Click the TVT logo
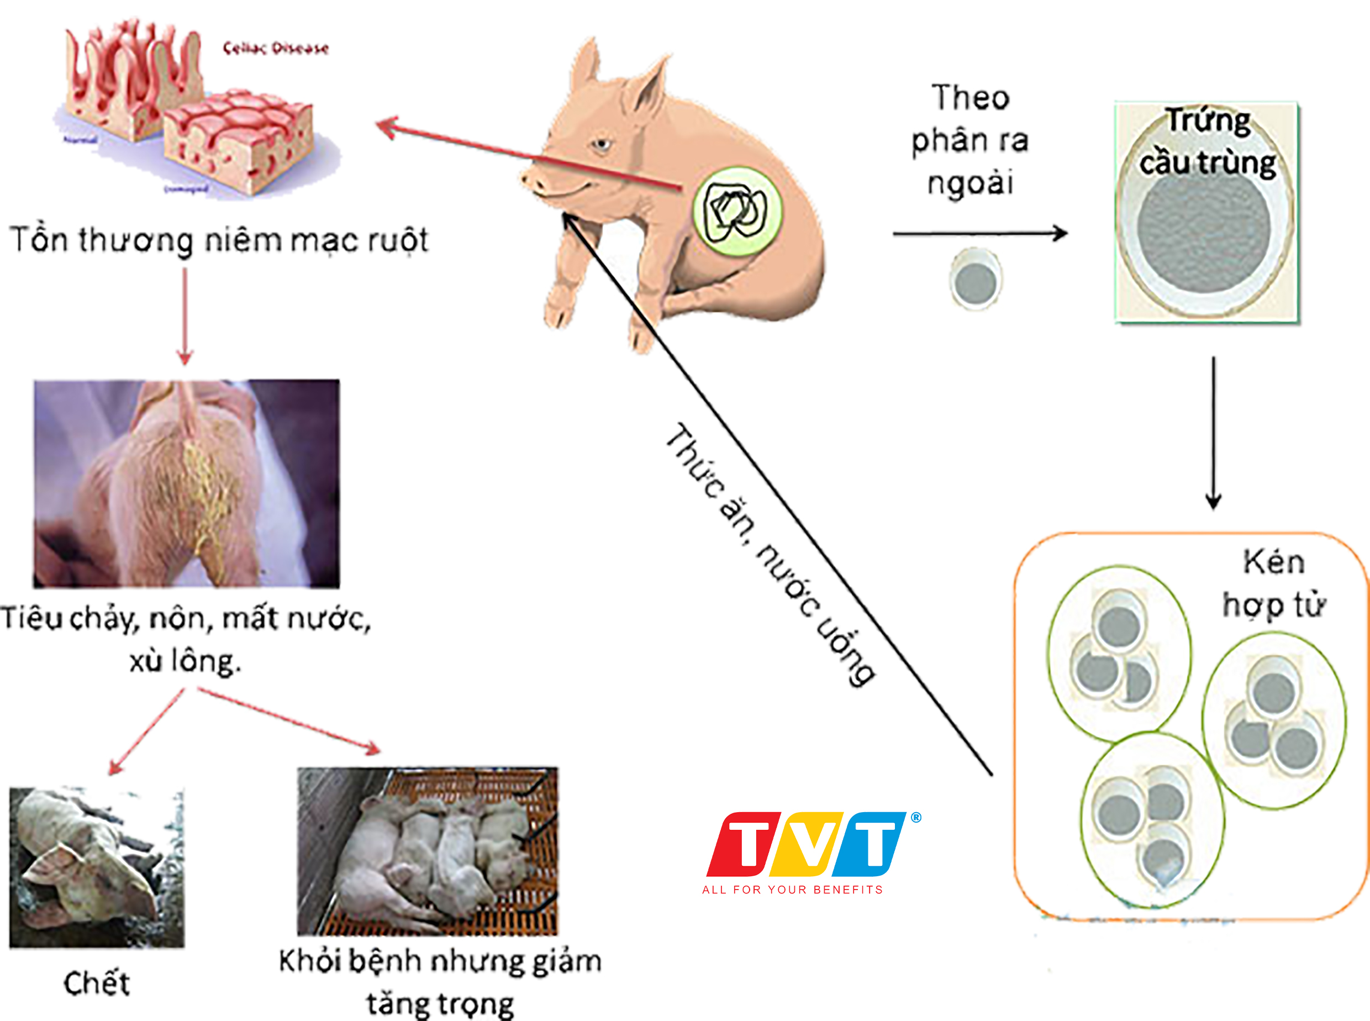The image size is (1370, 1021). click(x=807, y=843)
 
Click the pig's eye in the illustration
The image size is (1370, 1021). click(x=601, y=145)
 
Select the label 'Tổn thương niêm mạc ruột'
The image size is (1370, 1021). click(x=219, y=240)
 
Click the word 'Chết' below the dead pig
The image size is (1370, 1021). click(x=97, y=983)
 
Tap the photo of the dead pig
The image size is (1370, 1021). click(x=97, y=868)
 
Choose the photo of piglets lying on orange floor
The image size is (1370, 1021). click(x=428, y=851)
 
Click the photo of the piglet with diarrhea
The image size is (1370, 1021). click(x=187, y=483)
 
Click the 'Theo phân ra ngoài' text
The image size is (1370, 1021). click(x=969, y=141)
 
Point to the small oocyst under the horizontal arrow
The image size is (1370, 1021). click(x=975, y=280)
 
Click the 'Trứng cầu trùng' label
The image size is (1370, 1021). click(x=1208, y=142)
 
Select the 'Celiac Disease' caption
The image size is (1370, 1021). click(x=276, y=48)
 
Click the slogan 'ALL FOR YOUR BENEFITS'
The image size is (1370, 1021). click(x=792, y=890)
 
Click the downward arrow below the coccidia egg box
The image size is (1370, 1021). click(x=1214, y=433)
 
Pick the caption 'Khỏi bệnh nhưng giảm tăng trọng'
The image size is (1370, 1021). click(x=440, y=982)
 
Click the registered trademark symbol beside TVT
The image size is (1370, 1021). click(x=916, y=818)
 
